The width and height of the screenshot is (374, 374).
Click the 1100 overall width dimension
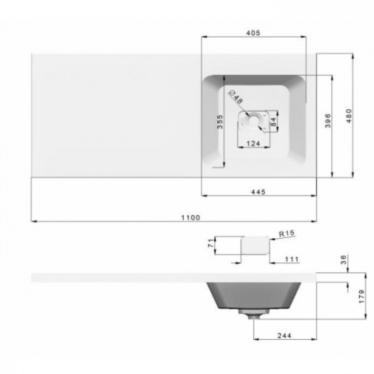(191, 217)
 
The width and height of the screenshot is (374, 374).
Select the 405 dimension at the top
(253, 33)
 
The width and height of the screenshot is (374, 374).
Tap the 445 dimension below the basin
(258, 192)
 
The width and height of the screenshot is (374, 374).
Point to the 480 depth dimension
(348, 116)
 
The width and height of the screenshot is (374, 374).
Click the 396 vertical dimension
(328, 121)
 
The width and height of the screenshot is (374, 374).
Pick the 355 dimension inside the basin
(220, 121)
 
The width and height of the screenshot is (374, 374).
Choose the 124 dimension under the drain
(253, 143)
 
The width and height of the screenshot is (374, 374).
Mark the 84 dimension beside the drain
(273, 121)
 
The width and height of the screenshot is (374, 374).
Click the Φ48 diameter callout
(236, 96)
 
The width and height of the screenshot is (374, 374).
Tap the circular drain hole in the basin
(253, 120)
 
